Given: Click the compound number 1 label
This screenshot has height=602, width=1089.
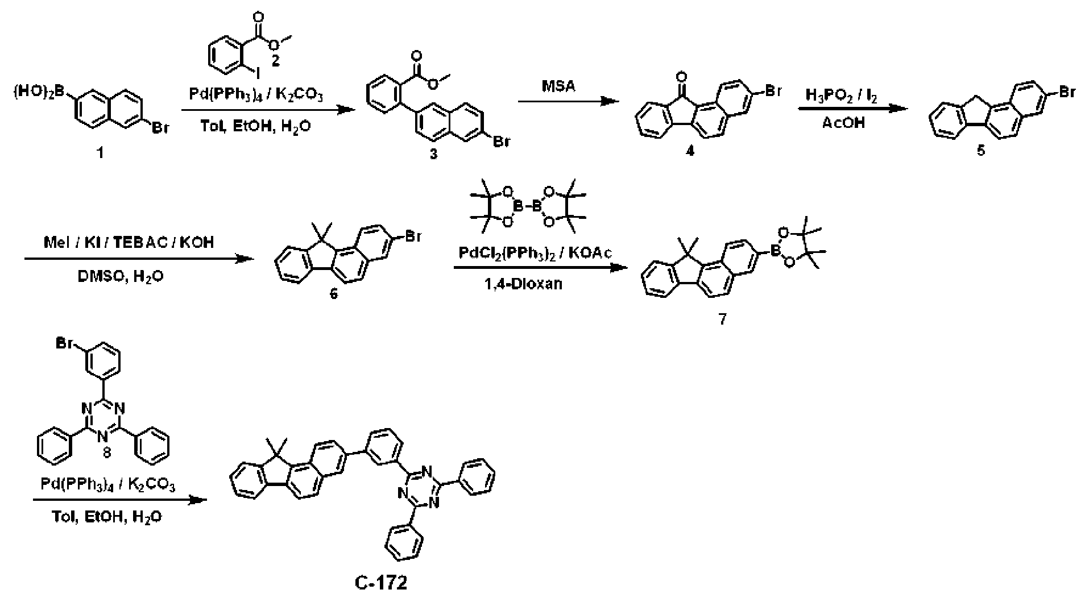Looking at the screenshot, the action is [100, 153].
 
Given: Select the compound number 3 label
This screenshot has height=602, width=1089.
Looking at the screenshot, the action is [434, 154].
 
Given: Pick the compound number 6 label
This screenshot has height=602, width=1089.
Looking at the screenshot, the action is [334, 294].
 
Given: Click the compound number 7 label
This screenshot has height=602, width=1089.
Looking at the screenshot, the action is [722, 319].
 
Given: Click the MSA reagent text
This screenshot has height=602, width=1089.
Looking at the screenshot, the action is [560, 86].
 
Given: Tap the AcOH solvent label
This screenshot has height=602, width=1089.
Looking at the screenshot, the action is [843, 122].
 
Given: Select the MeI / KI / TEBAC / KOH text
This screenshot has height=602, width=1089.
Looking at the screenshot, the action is [129, 242].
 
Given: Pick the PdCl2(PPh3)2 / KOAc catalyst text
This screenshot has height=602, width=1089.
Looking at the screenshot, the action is [535, 253].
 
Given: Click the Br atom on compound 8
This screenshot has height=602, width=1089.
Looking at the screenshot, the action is [64, 343].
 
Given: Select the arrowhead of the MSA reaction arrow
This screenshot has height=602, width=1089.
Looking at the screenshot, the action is [611, 101].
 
